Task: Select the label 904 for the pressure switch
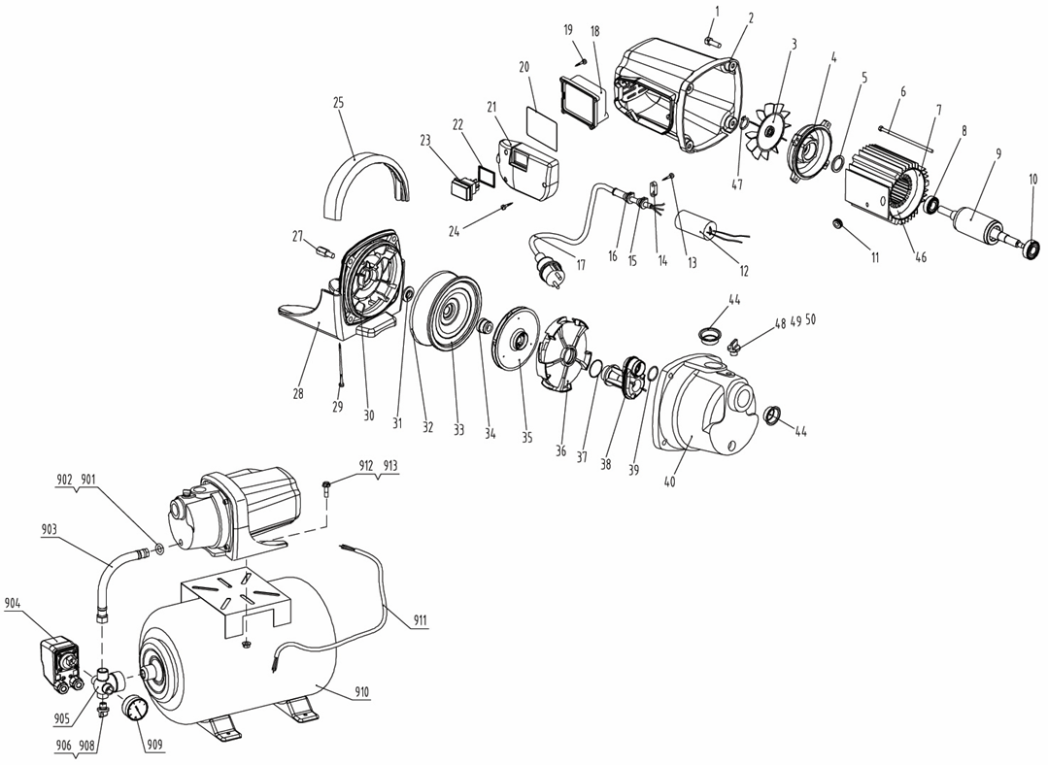(13, 603)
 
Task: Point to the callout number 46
(921, 256)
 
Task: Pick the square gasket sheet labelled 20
(541, 127)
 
